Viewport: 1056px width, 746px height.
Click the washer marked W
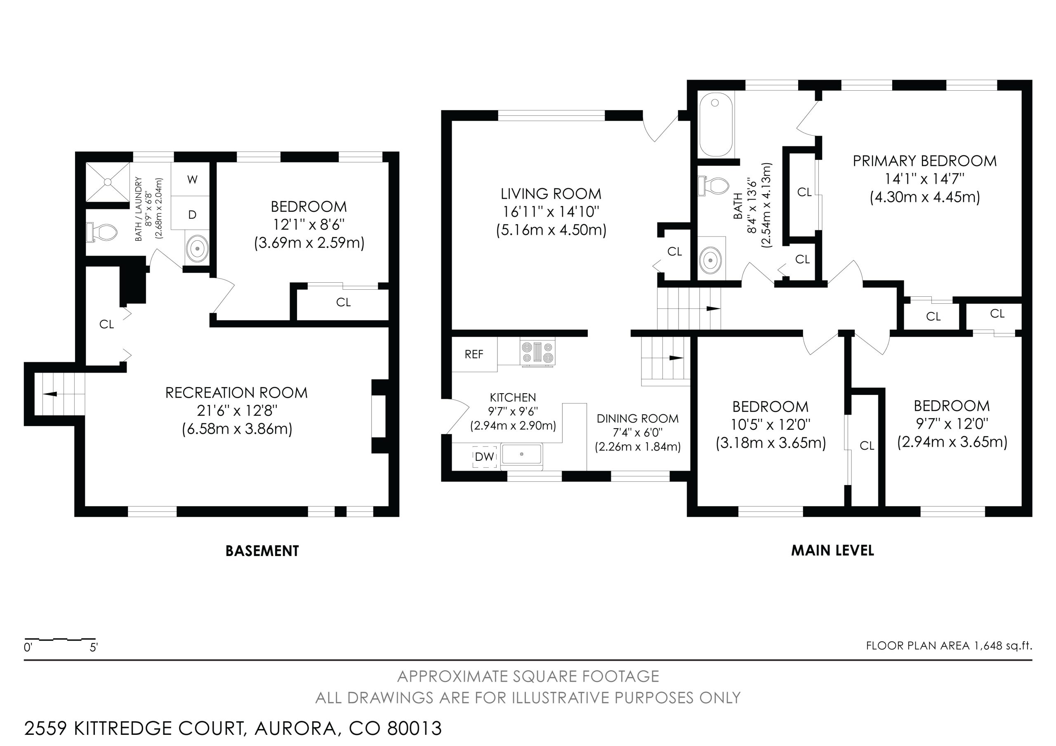click(x=192, y=179)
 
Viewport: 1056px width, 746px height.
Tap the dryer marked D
click(x=192, y=214)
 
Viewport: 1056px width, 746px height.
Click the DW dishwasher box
click(x=484, y=456)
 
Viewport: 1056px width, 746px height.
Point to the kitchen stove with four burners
click(x=537, y=352)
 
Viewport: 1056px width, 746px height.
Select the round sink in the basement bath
click(x=197, y=248)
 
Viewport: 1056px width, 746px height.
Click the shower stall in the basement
click(x=108, y=182)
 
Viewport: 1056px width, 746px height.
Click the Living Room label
click(x=551, y=194)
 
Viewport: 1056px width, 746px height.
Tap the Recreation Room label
click(x=236, y=393)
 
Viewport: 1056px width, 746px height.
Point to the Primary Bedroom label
click(x=924, y=161)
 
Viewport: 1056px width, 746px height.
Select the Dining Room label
click(x=637, y=419)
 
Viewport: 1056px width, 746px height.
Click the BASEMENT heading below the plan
click(x=262, y=551)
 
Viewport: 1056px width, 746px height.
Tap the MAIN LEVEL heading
click(x=832, y=551)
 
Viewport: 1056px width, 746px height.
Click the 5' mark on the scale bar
click(x=94, y=648)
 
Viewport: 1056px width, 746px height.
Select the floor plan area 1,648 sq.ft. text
click(x=949, y=646)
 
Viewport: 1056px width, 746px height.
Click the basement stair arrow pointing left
click(x=50, y=394)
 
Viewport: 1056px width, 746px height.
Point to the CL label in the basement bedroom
click(x=343, y=303)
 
